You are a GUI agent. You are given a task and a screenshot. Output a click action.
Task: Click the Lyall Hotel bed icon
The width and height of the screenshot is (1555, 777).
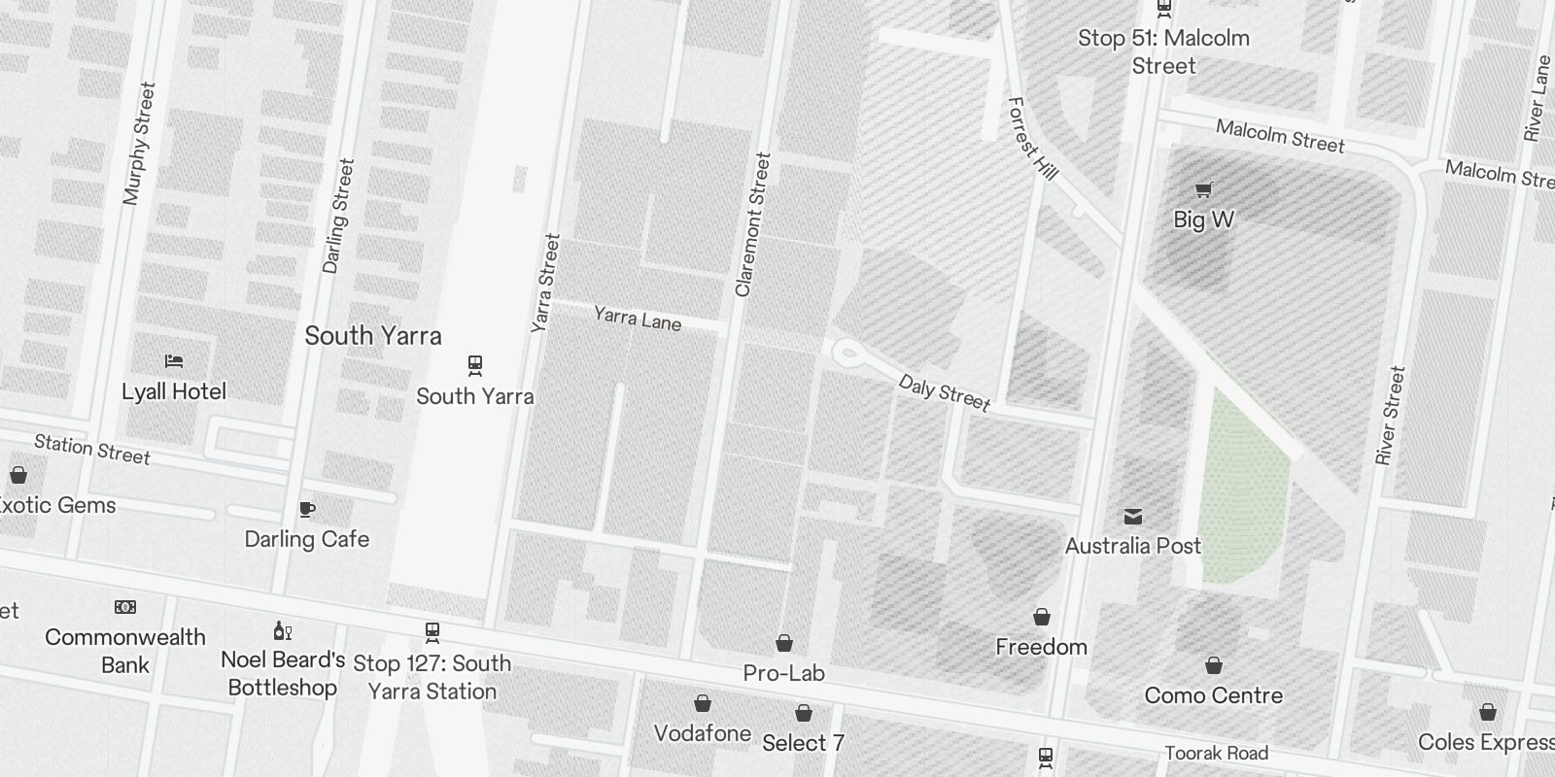tap(174, 361)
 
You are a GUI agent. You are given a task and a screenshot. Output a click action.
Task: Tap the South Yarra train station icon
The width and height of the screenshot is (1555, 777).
tap(475, 365)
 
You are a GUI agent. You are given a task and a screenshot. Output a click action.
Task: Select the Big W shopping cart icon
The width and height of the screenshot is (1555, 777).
tap(1203, 190)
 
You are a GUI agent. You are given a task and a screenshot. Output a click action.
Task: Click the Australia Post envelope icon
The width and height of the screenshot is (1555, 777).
tap(1133, 516)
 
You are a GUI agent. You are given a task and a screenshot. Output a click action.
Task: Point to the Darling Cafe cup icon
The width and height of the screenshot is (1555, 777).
tap(307, 509)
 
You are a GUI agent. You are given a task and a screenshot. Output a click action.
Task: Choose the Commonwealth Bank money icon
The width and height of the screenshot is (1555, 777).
tap(125, 607)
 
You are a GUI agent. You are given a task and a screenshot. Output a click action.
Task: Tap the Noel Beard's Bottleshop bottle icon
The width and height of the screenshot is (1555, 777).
tap(283, 630)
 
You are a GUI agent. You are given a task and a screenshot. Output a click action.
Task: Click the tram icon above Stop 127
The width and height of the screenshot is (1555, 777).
tap(432, 633)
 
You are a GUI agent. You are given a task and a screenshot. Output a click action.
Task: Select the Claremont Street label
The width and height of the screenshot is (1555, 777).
tap(752, 224)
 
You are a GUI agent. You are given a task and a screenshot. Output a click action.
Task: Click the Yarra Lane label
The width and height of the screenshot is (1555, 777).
tap(638, 319)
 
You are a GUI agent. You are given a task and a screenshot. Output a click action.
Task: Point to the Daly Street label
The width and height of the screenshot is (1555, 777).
tap(944, 392)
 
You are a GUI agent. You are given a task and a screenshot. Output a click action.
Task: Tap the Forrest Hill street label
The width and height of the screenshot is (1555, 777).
tap(1032, 138)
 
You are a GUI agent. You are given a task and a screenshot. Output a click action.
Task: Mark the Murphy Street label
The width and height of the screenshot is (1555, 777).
tap(139, 144)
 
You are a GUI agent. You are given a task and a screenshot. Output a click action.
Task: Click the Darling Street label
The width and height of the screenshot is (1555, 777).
tap(338, 216)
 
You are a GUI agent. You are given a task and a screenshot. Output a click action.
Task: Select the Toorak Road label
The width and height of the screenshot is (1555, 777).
tap(1216, 753)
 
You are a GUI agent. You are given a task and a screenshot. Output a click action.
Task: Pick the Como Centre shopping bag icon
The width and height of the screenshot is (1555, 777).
tap(1213, 665)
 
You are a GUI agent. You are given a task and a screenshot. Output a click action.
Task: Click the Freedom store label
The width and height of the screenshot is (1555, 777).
tap(1041, 647)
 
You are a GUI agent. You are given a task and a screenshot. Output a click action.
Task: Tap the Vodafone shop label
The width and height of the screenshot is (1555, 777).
tap(702, 733)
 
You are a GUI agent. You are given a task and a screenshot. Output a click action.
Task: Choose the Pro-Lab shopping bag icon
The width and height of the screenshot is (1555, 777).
tap(784, 643)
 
